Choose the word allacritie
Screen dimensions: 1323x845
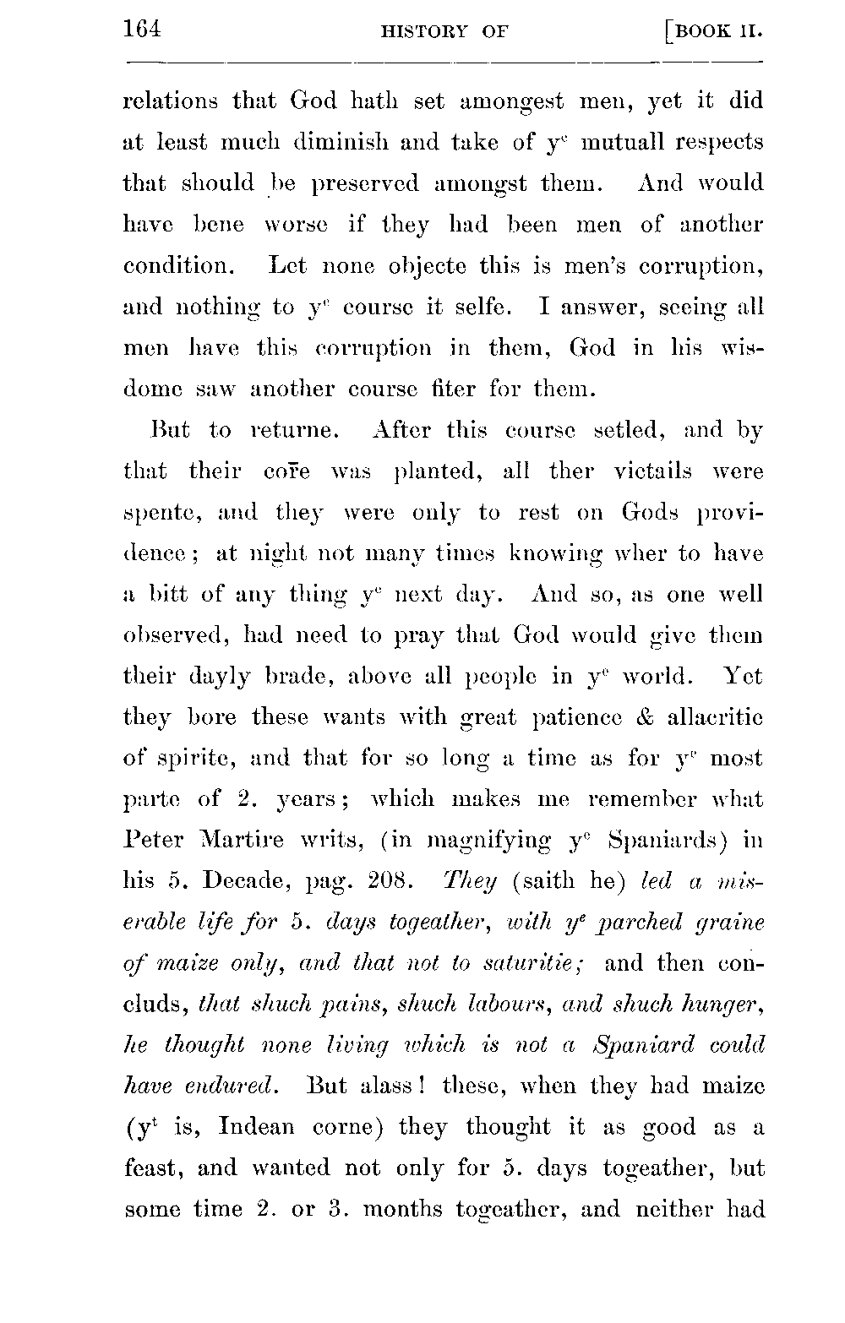[715, 718]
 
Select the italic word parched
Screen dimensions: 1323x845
[628, 923]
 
